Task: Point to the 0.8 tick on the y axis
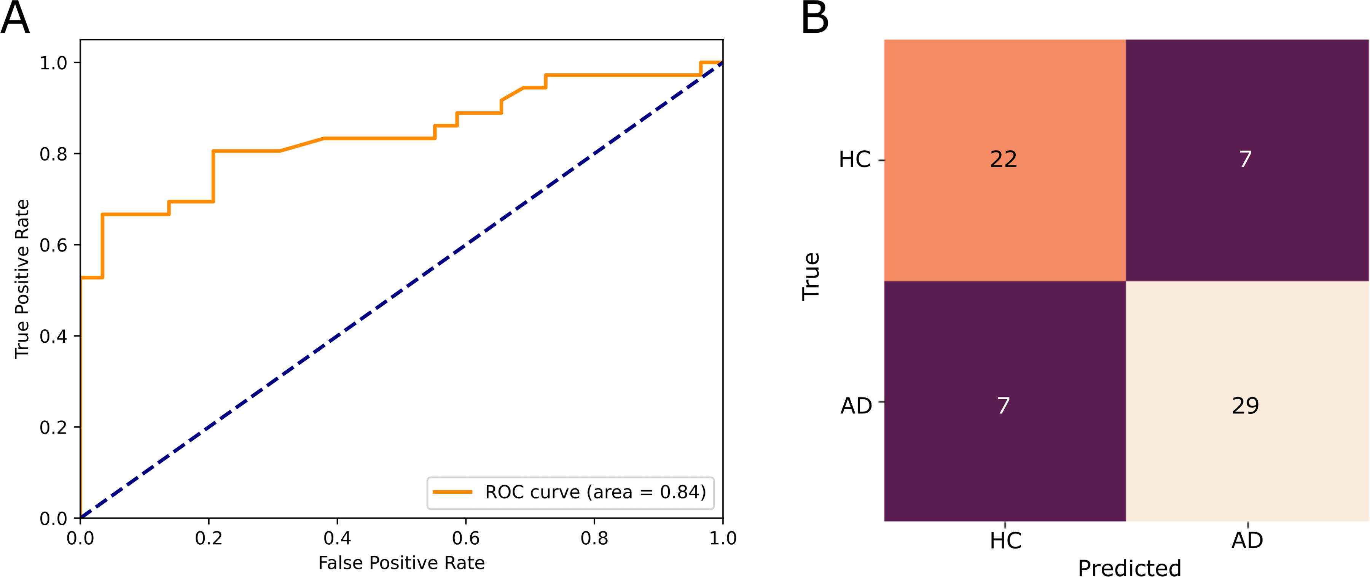[x=78, y=154]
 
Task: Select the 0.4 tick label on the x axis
[x=337, y=538]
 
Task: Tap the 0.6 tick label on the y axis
[x=53, y=245]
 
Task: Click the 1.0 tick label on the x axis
[x=723, y=538]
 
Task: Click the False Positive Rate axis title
[x=401, y=563]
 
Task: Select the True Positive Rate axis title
[x=22, y=279]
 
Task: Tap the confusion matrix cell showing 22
[x=1005, y=160]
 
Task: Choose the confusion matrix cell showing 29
[x=1247, y=401]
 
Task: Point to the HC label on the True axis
[x=855, y=159]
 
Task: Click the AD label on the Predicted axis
[x=1247, y=541]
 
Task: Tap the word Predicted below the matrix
[x=1129, y=567]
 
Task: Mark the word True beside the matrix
[x=811, y=277]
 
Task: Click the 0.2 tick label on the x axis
[x=209, y=538]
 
